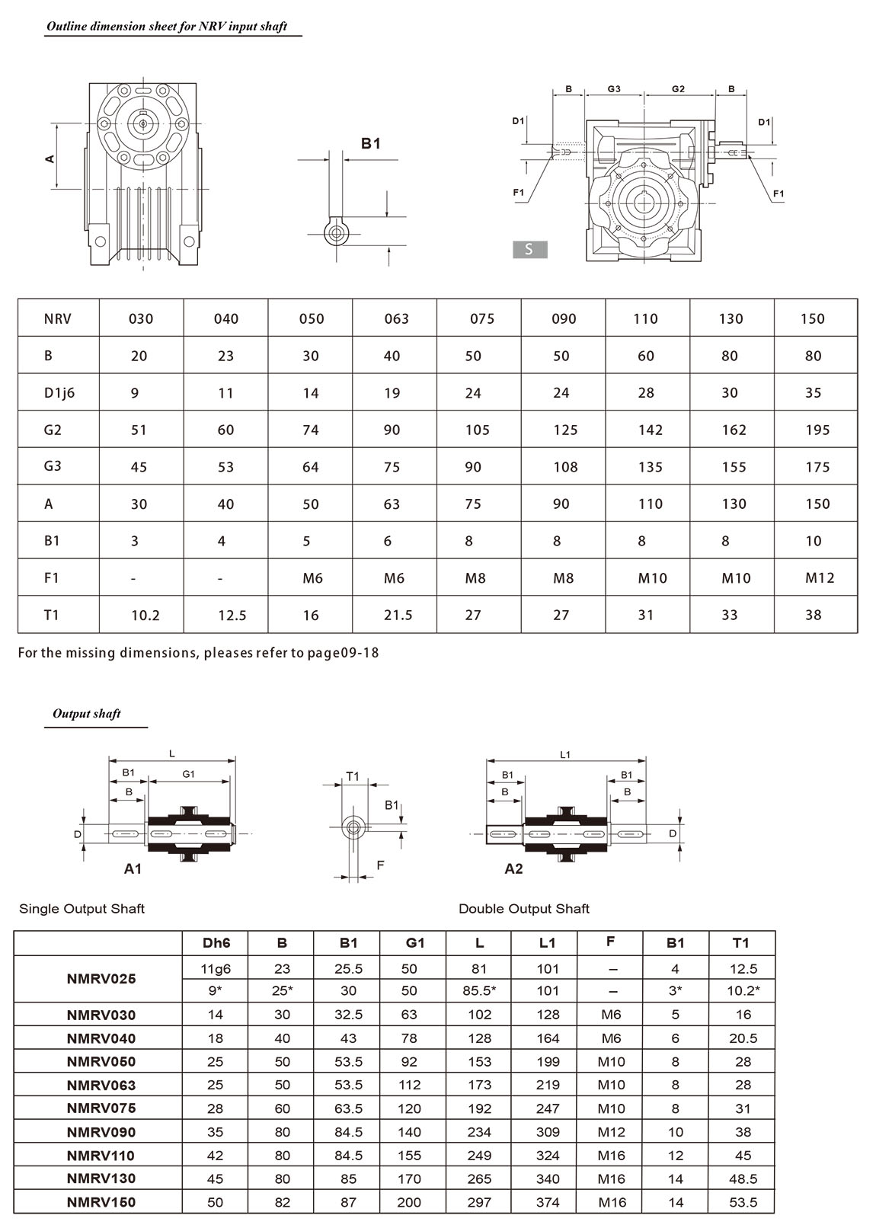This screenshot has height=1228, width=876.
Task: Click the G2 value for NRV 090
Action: click(x=565, y=430)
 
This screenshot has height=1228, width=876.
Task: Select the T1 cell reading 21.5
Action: click(x=398, y=615)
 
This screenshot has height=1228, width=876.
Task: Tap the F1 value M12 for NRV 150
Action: click(x=820, y=578)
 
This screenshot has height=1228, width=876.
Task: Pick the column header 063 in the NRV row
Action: click(x=396, y=319)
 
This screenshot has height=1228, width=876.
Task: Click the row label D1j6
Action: click(x=59, y=393)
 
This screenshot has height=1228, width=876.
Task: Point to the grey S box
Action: click(x=529, y=249)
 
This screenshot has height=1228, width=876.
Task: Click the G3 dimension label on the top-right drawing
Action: click(x=614, y=89)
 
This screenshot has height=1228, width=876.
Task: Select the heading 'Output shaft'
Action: click(x=87, y=715)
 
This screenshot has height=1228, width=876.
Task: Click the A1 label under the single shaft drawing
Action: click(x=133, y=868)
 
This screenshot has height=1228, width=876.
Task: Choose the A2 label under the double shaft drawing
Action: click(x=513, y=868)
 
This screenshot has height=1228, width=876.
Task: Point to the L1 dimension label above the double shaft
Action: click(x=565, y=755)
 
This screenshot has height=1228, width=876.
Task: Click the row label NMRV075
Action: click(x=101, y=1108)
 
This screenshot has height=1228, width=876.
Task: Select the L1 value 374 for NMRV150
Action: click(x=547, y=1202)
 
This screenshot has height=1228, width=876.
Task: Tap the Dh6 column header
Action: click(x=216, y=943)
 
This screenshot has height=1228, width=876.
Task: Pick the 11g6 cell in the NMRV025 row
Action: click(x=216, y=969)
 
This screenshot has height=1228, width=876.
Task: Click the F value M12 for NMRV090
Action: click(x=611, y=1132)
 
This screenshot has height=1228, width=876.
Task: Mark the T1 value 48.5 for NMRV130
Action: click(x=743, y=1178)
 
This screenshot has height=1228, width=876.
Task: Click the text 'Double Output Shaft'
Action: click(x=524, y=909)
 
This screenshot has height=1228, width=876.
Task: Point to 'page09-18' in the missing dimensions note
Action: click(x=352, y=653)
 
